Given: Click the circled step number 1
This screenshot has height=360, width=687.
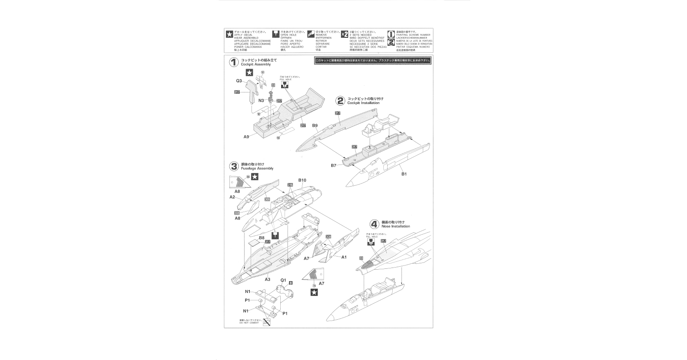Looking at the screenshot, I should [x=234, y=62].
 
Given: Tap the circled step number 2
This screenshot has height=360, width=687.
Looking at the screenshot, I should [x=340, y=100].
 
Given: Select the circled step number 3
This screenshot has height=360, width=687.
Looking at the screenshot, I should [x=234, y=166].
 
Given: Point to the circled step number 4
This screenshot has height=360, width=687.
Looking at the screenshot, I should [x=374, y=224].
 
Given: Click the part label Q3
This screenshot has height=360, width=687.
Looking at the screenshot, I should [x=239, y=81].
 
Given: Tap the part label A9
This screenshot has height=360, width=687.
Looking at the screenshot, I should [x=246, y=137].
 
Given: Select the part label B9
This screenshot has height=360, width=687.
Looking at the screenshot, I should [x=315, y=126].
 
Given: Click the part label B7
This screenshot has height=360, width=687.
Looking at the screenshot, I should [x=334, y=165].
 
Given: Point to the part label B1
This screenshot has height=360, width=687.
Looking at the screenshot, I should [x=404, y=174].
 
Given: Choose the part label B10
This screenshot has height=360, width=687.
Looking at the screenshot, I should [x=302, y=180].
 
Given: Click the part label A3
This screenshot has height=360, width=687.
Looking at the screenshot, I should [x=268, y=279].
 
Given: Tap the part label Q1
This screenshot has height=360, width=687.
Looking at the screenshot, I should [x=283, y=280].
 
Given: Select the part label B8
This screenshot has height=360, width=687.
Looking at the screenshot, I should [x=262, y=238].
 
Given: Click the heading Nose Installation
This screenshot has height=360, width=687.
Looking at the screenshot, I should [x=396, y=226].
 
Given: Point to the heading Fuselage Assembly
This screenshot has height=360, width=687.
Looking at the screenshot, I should [x=257, y=168].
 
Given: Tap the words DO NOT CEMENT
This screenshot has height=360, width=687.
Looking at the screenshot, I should [x=249, y=323].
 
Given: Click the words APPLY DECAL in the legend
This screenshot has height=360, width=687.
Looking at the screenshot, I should [x=243, y=35].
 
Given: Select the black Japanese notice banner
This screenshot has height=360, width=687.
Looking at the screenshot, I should [x=373, y=61].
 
